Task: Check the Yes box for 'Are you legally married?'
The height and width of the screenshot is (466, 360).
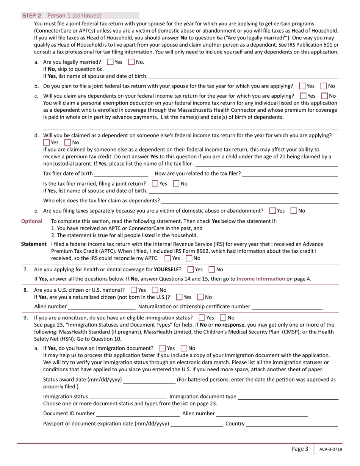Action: click(x=110, y=62)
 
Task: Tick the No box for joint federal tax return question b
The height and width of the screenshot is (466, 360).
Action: click(x=324, y=86)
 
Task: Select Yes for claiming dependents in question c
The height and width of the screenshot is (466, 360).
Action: click(x=303, y=96)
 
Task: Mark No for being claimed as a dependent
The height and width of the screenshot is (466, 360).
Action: click(x=67, y=142)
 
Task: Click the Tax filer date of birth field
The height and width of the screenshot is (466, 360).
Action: click(x=121, y=174)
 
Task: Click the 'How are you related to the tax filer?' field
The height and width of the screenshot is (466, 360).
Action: click(x=290, y=174)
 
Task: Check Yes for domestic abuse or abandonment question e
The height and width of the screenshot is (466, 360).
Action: click(x=272, y=211)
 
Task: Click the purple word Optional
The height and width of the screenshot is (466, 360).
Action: click(x=31, y=221)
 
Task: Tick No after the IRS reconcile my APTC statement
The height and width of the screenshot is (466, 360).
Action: click(x=189, y=258)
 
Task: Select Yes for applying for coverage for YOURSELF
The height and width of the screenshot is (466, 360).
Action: click(x=191, y=269)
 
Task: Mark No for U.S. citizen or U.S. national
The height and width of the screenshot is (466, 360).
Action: click(x=155, y=290)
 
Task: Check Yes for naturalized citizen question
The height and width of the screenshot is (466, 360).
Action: click(x=179, y=297)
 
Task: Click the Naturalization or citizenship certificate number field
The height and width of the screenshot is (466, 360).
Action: click(x=287, y=306)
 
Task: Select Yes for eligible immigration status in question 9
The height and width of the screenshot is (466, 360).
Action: click(x=202, y=317)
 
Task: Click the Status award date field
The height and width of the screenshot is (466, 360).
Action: click(x=149, y=380)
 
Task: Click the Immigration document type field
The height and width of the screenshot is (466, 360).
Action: click(x=288, y=397)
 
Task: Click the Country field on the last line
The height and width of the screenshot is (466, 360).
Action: click(x=292, y=424)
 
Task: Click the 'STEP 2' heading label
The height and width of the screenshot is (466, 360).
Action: click(x=32, y=16)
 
